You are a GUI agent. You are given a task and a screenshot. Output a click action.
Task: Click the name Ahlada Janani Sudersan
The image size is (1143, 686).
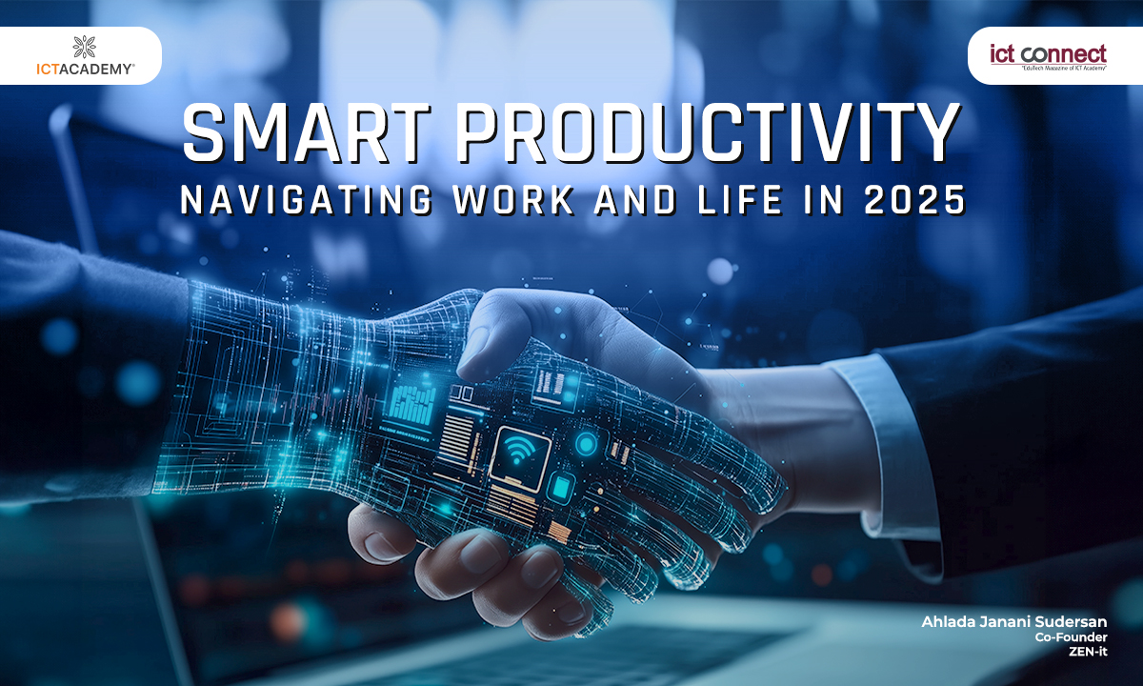[x=1013, y=622]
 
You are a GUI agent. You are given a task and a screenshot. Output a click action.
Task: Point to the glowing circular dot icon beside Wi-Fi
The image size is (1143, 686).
[x=586, y=443]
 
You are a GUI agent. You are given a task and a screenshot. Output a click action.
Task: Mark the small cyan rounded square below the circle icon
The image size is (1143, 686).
[x=562, y=487]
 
